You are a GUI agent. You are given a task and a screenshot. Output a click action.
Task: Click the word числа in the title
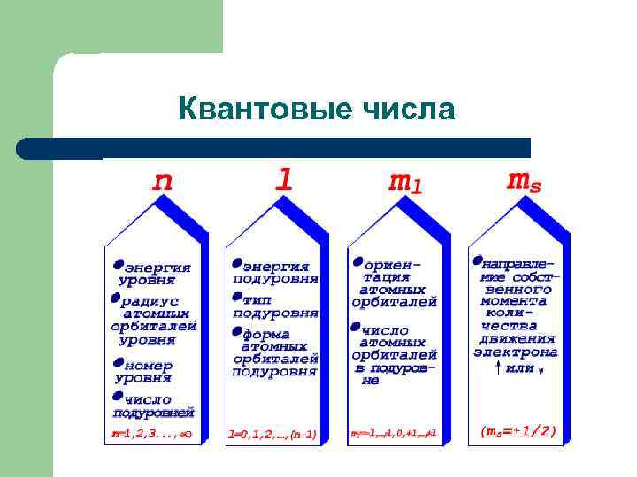[x=408, y=110]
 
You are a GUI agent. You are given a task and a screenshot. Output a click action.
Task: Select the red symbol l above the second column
[x=283, y=180]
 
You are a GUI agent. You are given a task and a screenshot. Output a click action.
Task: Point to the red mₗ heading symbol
[x=405, y=182]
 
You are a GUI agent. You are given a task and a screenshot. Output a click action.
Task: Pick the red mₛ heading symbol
[x=524, y=180]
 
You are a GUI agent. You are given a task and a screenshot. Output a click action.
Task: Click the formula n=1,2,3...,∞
[x=151, y=434]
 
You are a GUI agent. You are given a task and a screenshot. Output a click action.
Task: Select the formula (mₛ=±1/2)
[x=518, y=432]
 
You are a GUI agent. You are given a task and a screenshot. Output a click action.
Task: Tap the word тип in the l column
[x=256, y=299]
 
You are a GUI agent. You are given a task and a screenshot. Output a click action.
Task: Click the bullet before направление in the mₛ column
[x=477, y=261]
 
